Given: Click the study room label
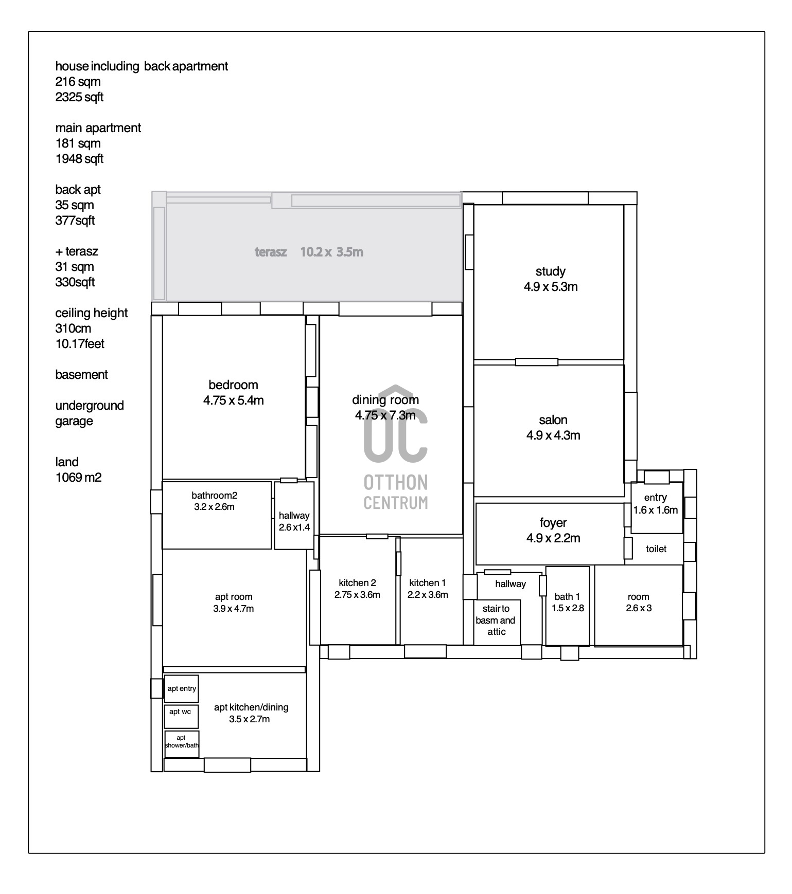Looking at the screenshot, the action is point(550,271).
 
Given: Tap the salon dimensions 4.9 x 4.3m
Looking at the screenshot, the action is point(553,435).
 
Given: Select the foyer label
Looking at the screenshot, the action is point(553,523).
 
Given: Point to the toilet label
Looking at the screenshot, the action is point(656,549).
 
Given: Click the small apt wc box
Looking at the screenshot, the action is point(181,716).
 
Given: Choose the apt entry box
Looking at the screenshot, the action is point(181,689).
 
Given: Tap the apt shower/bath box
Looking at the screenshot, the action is point(182,744).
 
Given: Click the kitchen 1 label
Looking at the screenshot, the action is point(428,583).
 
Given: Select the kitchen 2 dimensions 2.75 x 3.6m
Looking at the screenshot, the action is point(357,595).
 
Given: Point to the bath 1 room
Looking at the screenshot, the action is point(568,606).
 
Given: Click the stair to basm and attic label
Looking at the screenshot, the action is point(496,621).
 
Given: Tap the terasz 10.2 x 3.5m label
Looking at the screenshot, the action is point(309,252).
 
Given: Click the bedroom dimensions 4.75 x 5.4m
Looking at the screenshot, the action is point(234,400).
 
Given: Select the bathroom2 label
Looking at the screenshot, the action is point(214,496).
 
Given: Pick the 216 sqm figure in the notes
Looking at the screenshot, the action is point(78,82).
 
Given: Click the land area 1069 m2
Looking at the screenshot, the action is point(79,478).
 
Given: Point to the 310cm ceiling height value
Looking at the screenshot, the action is point(73,329).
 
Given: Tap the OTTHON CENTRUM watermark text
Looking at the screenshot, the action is point(396,492).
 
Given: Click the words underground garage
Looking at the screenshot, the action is point(90,413).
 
